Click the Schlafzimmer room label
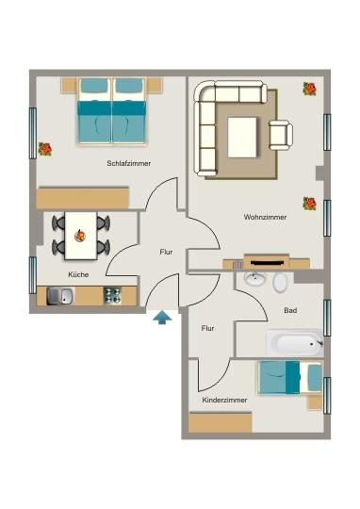point(129,163)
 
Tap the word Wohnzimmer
point(265,217)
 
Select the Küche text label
point(78,274)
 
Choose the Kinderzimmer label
point(225,401)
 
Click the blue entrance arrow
point(163,320)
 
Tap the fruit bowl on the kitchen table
point(80,235)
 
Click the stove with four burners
point(112,296)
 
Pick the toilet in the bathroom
point(281,281)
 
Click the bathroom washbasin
point(254,279)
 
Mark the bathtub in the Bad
point(294,342)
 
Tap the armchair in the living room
point(281,135)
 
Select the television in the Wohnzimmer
point(267,262)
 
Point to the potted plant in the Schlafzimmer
point(44,149)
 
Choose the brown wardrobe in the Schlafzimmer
point(82,198)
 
